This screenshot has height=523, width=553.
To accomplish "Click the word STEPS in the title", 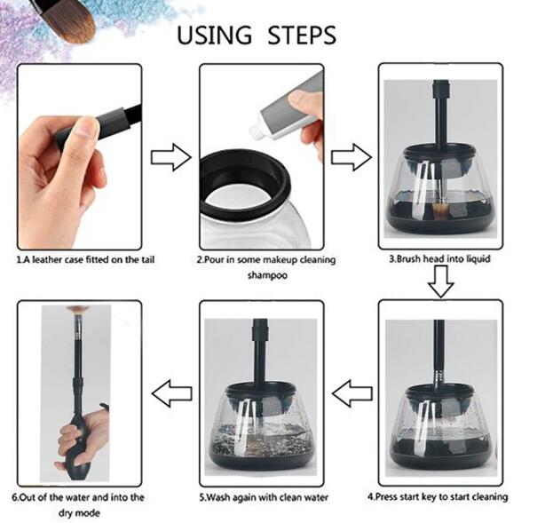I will click(297, 36).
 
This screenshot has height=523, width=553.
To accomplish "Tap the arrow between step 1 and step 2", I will click(170, 159).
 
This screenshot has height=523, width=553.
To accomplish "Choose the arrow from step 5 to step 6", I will click(170, 391).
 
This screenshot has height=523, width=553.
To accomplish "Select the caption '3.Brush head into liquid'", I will click(440, 259).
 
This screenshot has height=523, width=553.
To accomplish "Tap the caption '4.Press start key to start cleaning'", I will click(438, 496).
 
